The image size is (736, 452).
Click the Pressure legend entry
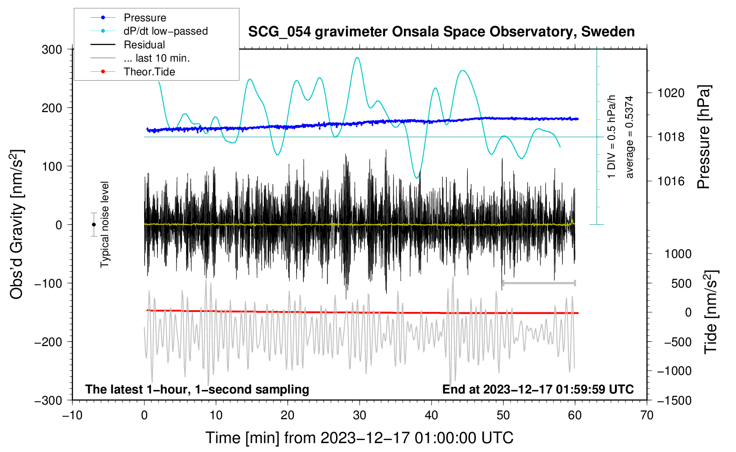pyautogui.click(x=129, y=17)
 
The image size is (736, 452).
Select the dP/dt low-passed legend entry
pyautogui.click(x=149, y=31)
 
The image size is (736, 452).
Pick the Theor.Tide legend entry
pyautogui.click(x=133, y=72)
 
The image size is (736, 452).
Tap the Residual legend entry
pyautogui.click(x=128, y=45)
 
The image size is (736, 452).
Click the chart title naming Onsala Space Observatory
pyautogui.click(x=441, y=32)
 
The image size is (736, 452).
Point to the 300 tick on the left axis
pyautogui.click(x=52, y=50)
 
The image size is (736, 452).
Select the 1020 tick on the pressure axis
pyautogui.click(x=671, y=93)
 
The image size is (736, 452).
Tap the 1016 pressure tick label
pyautogui.click(x=671, y=181)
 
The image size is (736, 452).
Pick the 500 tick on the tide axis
pyautogui.click(x=681, y=284)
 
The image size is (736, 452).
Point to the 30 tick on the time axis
pyautogui.click(x=360, y=415)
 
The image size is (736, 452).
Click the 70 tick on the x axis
pyautogui.click(x=646, y=415)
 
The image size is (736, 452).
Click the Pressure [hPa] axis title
pyautogui.click(x=704, y=137)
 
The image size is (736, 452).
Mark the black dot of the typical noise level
pyautogui.click(x=94, y=225)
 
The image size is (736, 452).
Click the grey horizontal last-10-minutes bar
pyautogui.click(x=539, y=283)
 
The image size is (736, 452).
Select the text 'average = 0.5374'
pyautogui.click(x=629, y=137)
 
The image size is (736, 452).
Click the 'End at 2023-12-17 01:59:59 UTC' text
pyautogui.click(x=538, y=389)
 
